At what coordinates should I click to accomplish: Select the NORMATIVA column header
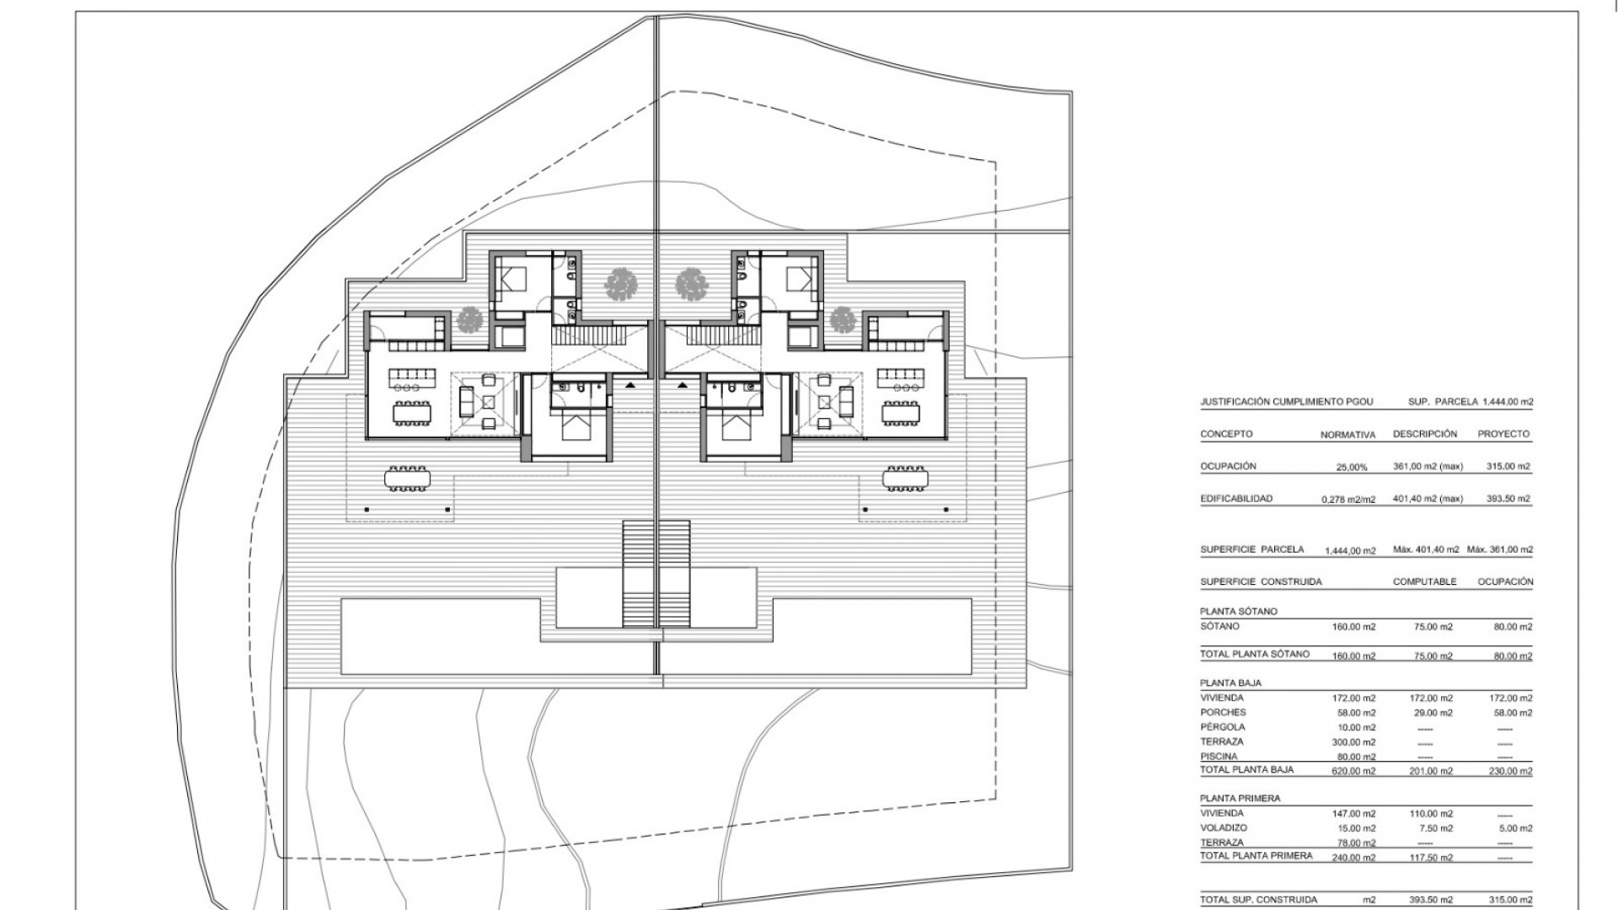tap(1347, 436)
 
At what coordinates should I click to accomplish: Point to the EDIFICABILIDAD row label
tap(1236, 499)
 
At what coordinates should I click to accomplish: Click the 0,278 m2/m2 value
tap(1347, 500)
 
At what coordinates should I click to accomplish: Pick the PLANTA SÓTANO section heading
tap(1239, 611)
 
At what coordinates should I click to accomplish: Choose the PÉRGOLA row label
tap(1224, 727)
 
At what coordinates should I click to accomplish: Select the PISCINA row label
tap(1219, 757)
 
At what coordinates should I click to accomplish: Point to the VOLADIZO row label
tap(1224, 828)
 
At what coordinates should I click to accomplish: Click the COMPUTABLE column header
tap(1424, 581)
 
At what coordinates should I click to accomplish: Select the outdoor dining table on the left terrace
tap(408, 478)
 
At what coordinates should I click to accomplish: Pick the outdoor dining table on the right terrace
tap(905, 478)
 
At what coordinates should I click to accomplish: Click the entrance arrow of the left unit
tap(630, 384)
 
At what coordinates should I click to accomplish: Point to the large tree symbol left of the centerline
tap(621, 284)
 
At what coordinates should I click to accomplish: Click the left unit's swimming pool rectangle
tap(439, 635)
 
